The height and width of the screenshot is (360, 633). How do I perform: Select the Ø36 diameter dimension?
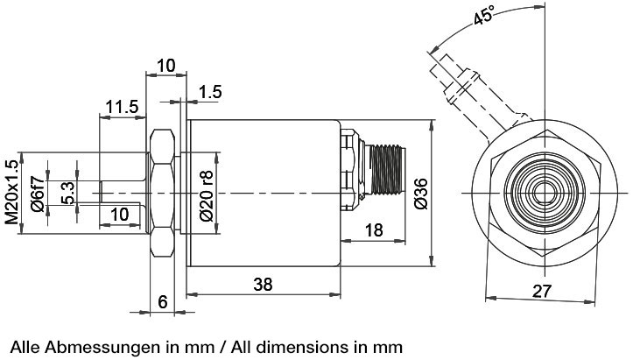tap(420, 193)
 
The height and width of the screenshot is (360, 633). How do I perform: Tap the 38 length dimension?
tap(263, 285)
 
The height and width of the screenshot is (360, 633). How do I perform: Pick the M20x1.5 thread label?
tap(12, 193)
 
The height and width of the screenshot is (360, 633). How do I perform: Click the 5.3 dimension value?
tap(67, 192)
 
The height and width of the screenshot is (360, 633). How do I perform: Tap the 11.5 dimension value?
tap(121, 107)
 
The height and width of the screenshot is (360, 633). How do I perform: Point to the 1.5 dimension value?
tap(211, 92)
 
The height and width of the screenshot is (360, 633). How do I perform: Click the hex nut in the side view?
tap(162, 193)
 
